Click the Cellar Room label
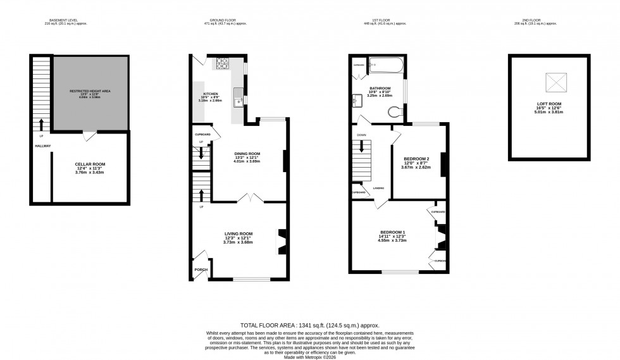[90, 164]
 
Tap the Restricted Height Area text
[90, 91]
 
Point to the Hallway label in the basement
[43, 146]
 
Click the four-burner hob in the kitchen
[224, 63]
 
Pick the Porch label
[201, 270]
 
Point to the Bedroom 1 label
[391, 232]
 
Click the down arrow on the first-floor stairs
[361, 146]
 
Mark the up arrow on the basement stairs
[42, 123]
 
